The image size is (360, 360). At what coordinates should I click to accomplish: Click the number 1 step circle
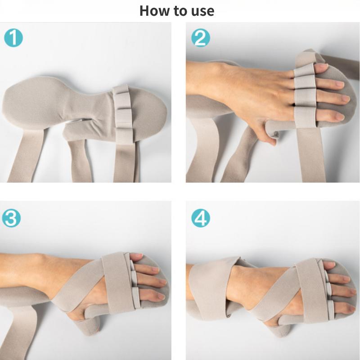(x=13, y=38)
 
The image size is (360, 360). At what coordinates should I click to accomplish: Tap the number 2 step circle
(x=200, y=38)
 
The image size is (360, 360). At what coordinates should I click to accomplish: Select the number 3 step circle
(x=11, y=219)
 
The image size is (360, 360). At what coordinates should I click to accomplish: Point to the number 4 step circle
(x=201, y=219)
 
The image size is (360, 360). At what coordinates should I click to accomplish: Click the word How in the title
(x=155, y=10)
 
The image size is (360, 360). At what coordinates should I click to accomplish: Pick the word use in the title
(x=202, y=10)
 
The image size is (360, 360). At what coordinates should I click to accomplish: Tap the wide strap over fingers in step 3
(x=119, y=282)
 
